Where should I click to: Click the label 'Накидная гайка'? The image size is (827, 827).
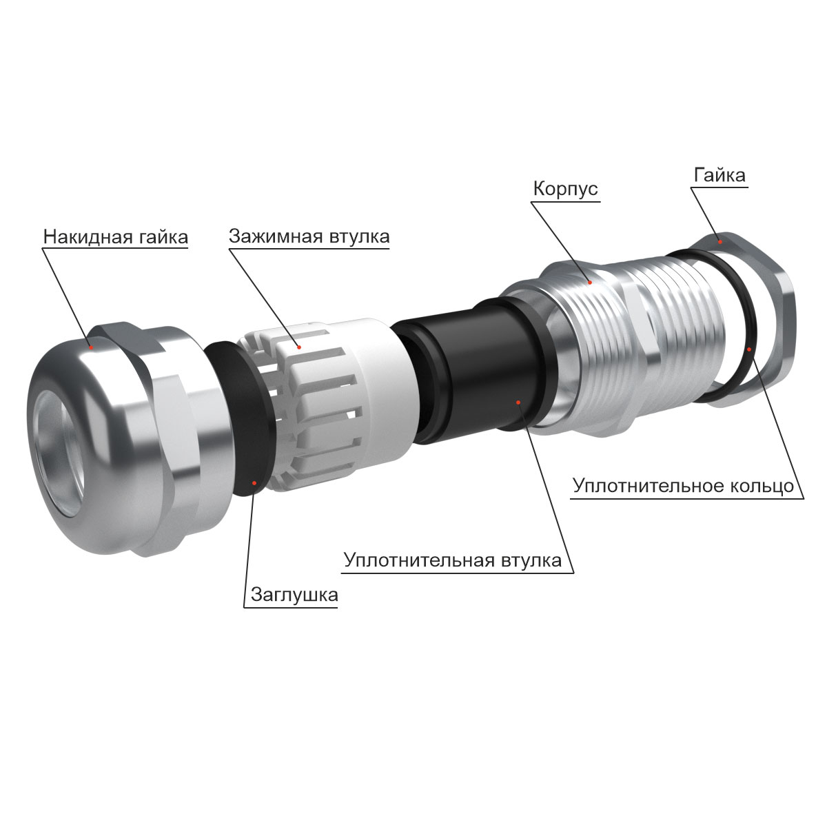pyautogui.click(x=116, y=237)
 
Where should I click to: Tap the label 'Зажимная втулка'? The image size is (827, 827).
pyautogui.click(x=309, y=236)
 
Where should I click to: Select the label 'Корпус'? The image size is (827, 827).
pyautogui.click(x=565, y=188)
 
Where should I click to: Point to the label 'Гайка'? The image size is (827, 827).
pyautogui.click(x=719, y=175)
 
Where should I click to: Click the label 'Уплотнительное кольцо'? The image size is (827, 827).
pyautogui.click(x=683, y=486)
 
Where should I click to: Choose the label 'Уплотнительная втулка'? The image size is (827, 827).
pyautogui.click(x=453, y=560)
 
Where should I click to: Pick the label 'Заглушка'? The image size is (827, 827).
pyautogui.click(x=294, y=595)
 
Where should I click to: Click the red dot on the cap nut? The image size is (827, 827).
pyautogui.click(x=90, y=347)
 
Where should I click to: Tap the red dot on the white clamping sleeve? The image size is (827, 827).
pyautogui.click(x=299, y=347)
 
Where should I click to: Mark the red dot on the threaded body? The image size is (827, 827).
pyautogui.click(x=590, y=282)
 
